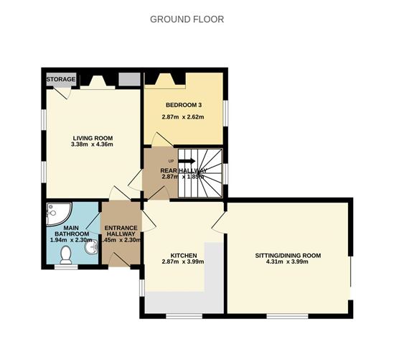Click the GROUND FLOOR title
tap(187, 19)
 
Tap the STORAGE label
tap(60, 78)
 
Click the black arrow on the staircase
tap(187, 162)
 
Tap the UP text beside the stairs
tap(170, 160)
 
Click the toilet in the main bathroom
tap(67, 254)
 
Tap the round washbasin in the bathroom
tap(91, 249)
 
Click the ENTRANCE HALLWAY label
tap(121, 231)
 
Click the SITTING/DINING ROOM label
tap(287, 255)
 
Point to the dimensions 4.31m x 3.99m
tap(287, 262)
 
